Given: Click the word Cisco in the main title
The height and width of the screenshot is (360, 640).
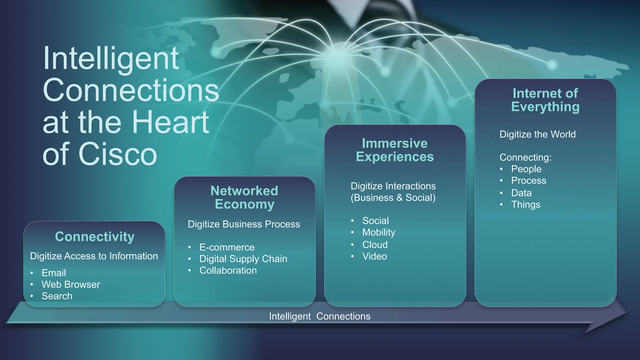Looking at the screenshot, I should point(118,154).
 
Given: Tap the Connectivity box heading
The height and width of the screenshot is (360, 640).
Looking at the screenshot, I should point(95,237).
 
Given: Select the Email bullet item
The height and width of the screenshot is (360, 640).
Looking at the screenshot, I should point(54,273).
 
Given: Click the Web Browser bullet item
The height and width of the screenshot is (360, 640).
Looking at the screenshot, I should point(71,284).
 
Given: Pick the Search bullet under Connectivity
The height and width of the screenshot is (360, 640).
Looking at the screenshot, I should point(57,296).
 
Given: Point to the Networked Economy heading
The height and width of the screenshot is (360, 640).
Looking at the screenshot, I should point(244,197).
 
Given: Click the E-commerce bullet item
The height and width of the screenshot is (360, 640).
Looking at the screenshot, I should point(227,247).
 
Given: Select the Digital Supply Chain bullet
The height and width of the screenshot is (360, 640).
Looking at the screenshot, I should point(243,259).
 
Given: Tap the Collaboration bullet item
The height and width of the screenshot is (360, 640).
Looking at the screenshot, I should point(228,270).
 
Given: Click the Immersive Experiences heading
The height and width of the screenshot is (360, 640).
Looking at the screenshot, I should point(395,150).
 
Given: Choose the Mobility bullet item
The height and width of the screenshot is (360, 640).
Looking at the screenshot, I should point(379,232).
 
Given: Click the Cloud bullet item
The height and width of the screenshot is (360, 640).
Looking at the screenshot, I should point(375,244).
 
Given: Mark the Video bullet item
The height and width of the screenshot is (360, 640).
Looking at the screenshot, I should point(375,256).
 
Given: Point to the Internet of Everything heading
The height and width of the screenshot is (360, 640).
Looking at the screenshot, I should point(545,100).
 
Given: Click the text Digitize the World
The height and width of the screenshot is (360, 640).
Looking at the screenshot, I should point(537,134).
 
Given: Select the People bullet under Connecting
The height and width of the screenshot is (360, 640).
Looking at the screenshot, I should point(526,169).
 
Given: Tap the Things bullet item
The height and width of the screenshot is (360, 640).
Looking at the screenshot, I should point(526,205).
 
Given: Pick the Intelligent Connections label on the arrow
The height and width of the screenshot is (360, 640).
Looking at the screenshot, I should point(320,316).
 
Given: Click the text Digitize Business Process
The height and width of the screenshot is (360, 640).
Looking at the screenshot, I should point(244,224).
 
